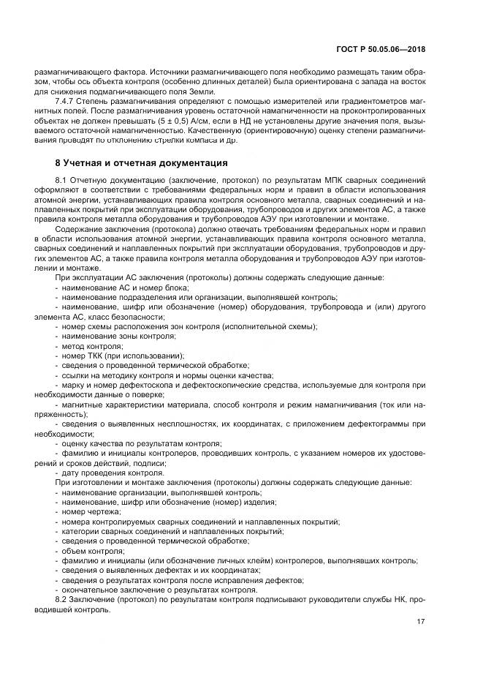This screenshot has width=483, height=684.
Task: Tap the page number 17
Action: [x=421, y=622]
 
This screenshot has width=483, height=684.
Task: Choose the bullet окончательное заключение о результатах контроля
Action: [x=159, y=590]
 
